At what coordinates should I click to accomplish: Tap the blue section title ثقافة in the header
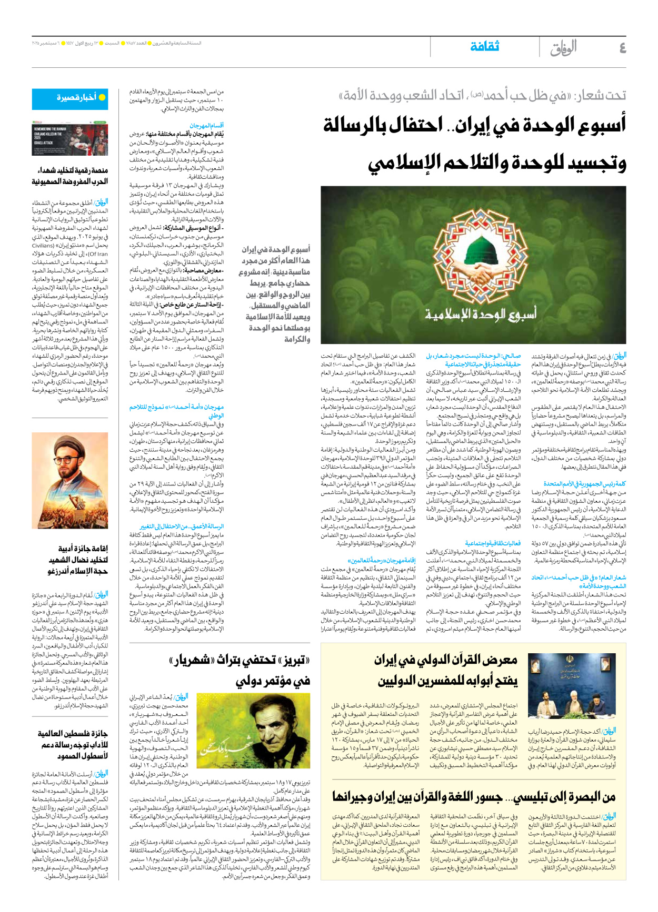[x=485, y=47]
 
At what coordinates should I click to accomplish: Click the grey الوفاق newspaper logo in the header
[x=563, y=48]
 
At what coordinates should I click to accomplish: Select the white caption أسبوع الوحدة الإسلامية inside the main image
[x=481, y=315]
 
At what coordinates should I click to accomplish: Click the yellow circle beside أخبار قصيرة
[x=102, y=98]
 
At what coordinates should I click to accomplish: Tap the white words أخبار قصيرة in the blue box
[x=76, y=98]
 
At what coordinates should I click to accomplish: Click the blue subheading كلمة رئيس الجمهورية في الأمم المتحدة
[x=584, y=484]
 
